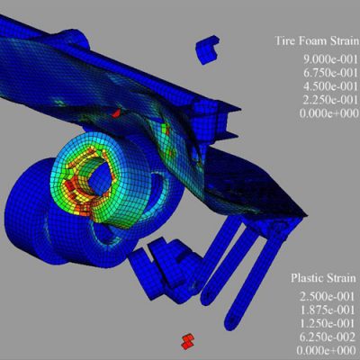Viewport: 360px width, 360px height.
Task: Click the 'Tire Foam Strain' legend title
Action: coord(317,40)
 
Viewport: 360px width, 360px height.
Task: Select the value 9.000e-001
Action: coord(331,59)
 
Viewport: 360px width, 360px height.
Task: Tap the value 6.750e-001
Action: coord(331,73)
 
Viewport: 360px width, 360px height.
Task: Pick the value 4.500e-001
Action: coord(331,86)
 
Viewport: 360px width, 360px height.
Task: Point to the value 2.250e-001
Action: coord(331,100)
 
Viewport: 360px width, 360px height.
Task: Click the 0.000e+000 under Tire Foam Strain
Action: coord(329,113)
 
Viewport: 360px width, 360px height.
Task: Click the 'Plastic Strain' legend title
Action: coord(323,278)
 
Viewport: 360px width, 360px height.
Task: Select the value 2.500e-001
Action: coord(328,297)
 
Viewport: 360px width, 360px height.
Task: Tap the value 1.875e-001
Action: coord(328,310)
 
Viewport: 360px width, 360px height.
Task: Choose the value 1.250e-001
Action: coord(328,323)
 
